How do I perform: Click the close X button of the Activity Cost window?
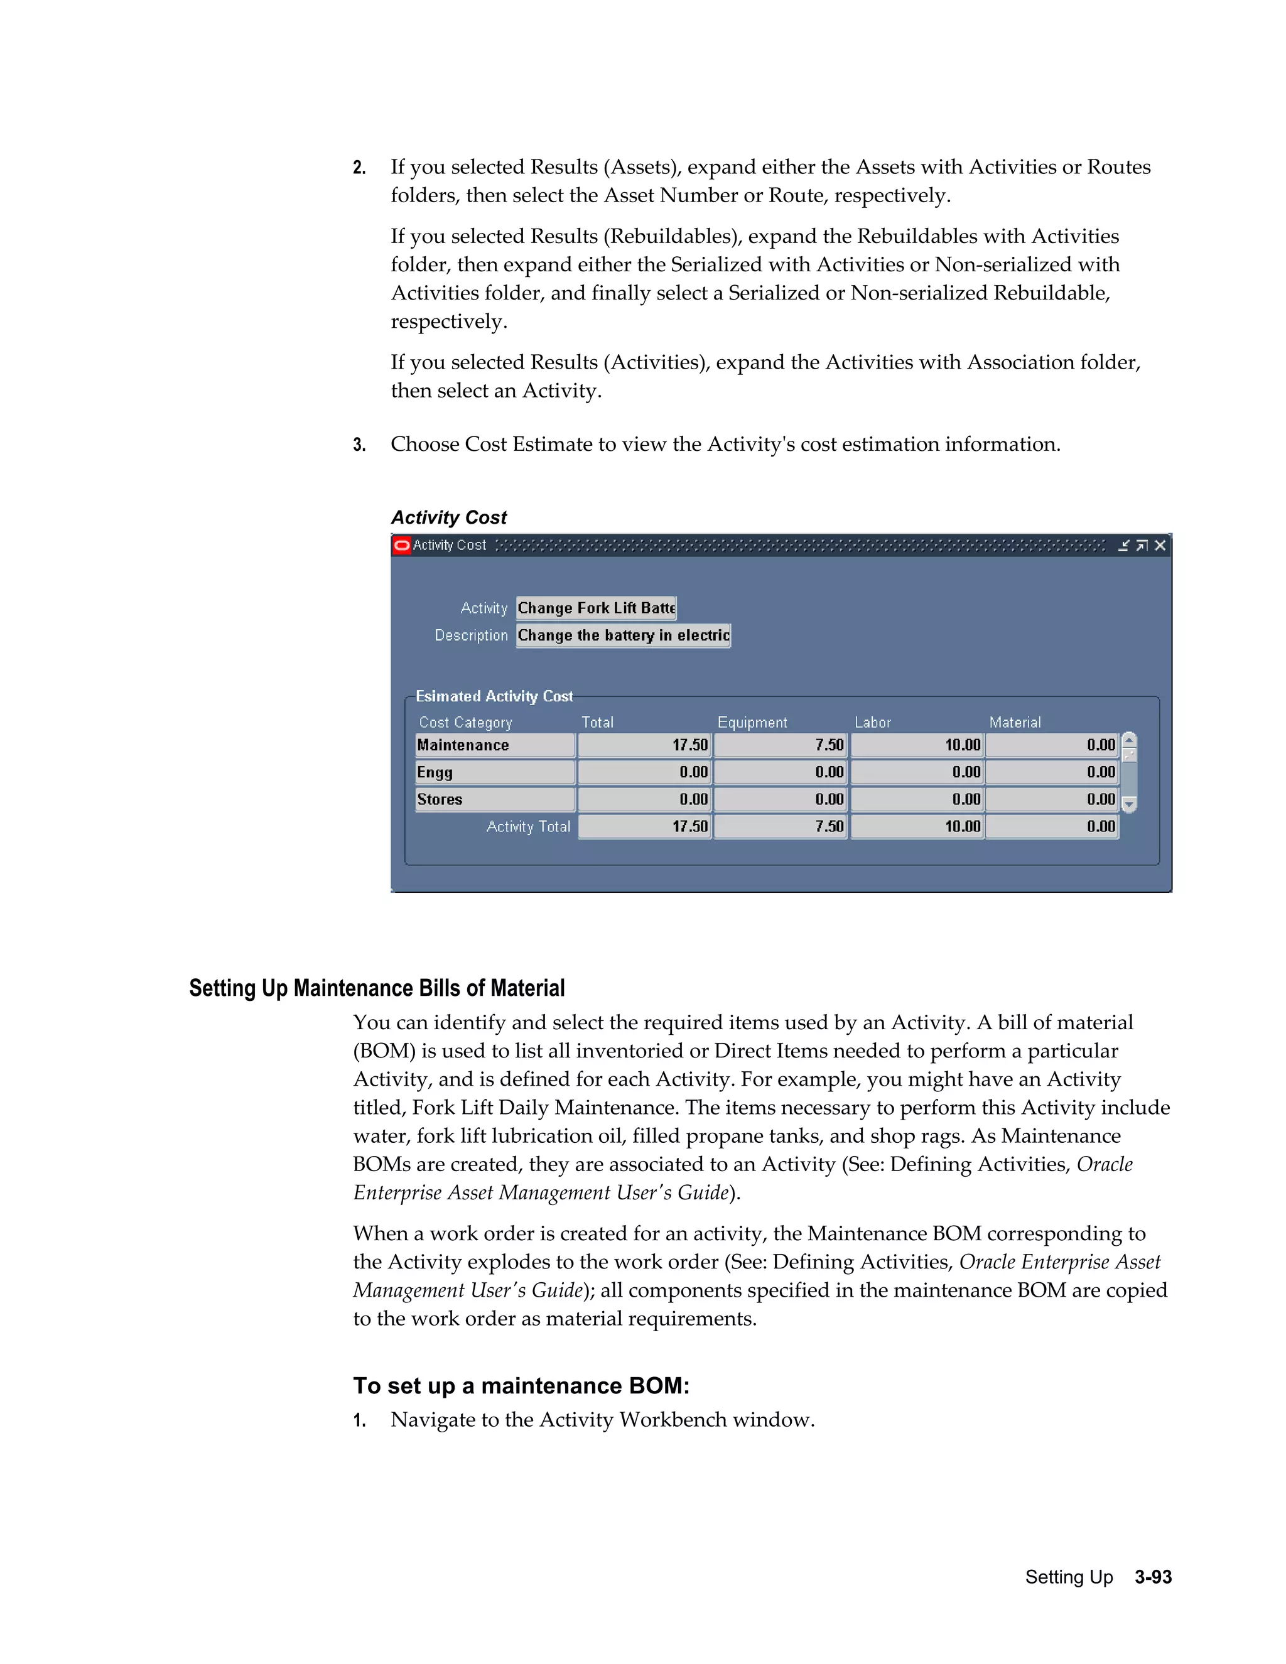tap(1160, 545)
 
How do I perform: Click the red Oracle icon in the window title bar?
tap(401, 545)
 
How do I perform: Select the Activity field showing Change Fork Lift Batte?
tap(596, 608)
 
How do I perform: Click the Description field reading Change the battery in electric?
tap(623, 635)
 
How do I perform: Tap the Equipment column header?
tap(752, 722)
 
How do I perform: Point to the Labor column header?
tap(872, 722)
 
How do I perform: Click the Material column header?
tap(1015, 722)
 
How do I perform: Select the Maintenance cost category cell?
tap(494, 745)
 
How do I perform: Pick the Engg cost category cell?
tap(494, 772)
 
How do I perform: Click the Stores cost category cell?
tap(494, 799)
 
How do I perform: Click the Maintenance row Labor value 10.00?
tap(917, 745)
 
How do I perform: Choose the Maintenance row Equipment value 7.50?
tap(780, 745)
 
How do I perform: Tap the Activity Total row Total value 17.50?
tap(644, 827)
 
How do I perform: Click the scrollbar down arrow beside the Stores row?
tap(1130, 804)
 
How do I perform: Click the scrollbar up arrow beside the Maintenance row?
tap(1130, 739)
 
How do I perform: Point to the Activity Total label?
tap(528, 827)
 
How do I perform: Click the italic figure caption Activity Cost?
tap(449, 517)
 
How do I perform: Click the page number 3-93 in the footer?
tap(1153, 1577)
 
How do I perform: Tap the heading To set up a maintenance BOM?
tap(521, 1385)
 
